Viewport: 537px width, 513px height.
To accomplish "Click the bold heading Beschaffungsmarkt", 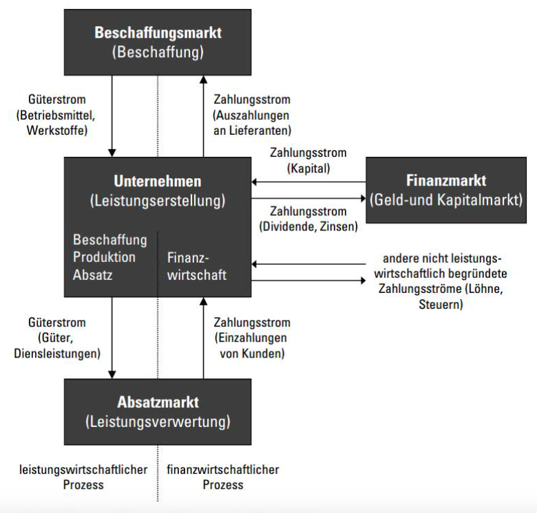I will coord(158,32).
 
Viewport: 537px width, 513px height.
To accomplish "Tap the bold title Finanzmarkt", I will coord(447,181).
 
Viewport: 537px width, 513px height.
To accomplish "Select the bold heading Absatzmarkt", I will coord(158,402).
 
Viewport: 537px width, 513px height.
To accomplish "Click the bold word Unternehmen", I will coord(158,182).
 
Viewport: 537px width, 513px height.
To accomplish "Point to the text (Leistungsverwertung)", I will coord(158,421).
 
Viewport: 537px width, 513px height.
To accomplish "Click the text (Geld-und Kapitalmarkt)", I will coord(447,200).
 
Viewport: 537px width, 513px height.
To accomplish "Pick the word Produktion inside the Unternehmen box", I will coord(104,257).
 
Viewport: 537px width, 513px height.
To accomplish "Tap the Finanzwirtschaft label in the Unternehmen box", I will coord(197,267).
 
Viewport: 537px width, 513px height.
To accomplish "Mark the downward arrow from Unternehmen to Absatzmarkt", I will coord(112,337).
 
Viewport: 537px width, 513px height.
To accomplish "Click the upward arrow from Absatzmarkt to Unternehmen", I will coord(203,337).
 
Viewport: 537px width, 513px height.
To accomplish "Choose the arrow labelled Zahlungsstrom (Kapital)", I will coord(308,182).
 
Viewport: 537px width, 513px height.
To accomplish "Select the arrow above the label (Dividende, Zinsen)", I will coord(308,200).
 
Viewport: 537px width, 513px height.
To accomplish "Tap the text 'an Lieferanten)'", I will coord(252,130).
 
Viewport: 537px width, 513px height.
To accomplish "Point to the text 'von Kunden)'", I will coord(251,353).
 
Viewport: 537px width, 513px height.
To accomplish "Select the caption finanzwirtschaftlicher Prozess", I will coord(222,477).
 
